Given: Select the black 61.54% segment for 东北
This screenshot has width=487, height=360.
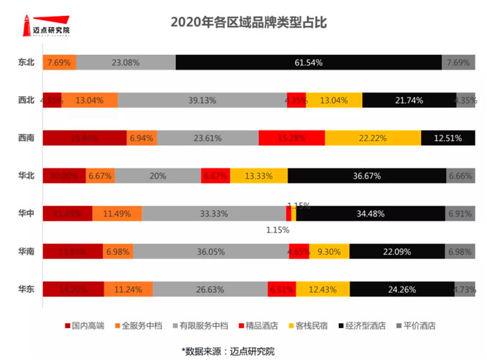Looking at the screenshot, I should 308,63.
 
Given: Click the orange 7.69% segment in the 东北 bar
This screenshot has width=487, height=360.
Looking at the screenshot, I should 59,63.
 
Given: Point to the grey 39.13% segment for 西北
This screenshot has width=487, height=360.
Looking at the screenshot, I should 202,100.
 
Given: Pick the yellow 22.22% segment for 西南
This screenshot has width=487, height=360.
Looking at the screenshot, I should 373,138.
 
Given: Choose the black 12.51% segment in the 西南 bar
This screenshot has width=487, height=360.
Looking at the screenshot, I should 447,138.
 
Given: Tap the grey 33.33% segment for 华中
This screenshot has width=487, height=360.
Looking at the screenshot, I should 214,214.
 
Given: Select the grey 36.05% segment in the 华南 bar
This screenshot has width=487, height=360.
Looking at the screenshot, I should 211,251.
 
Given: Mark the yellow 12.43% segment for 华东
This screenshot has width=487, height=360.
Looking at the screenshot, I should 322,289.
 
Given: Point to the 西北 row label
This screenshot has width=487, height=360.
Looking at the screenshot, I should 26,100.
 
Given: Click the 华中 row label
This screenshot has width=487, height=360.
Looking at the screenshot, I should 26,214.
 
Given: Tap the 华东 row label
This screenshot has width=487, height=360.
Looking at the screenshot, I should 26,289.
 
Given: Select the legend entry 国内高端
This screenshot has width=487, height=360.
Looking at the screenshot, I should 88,325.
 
